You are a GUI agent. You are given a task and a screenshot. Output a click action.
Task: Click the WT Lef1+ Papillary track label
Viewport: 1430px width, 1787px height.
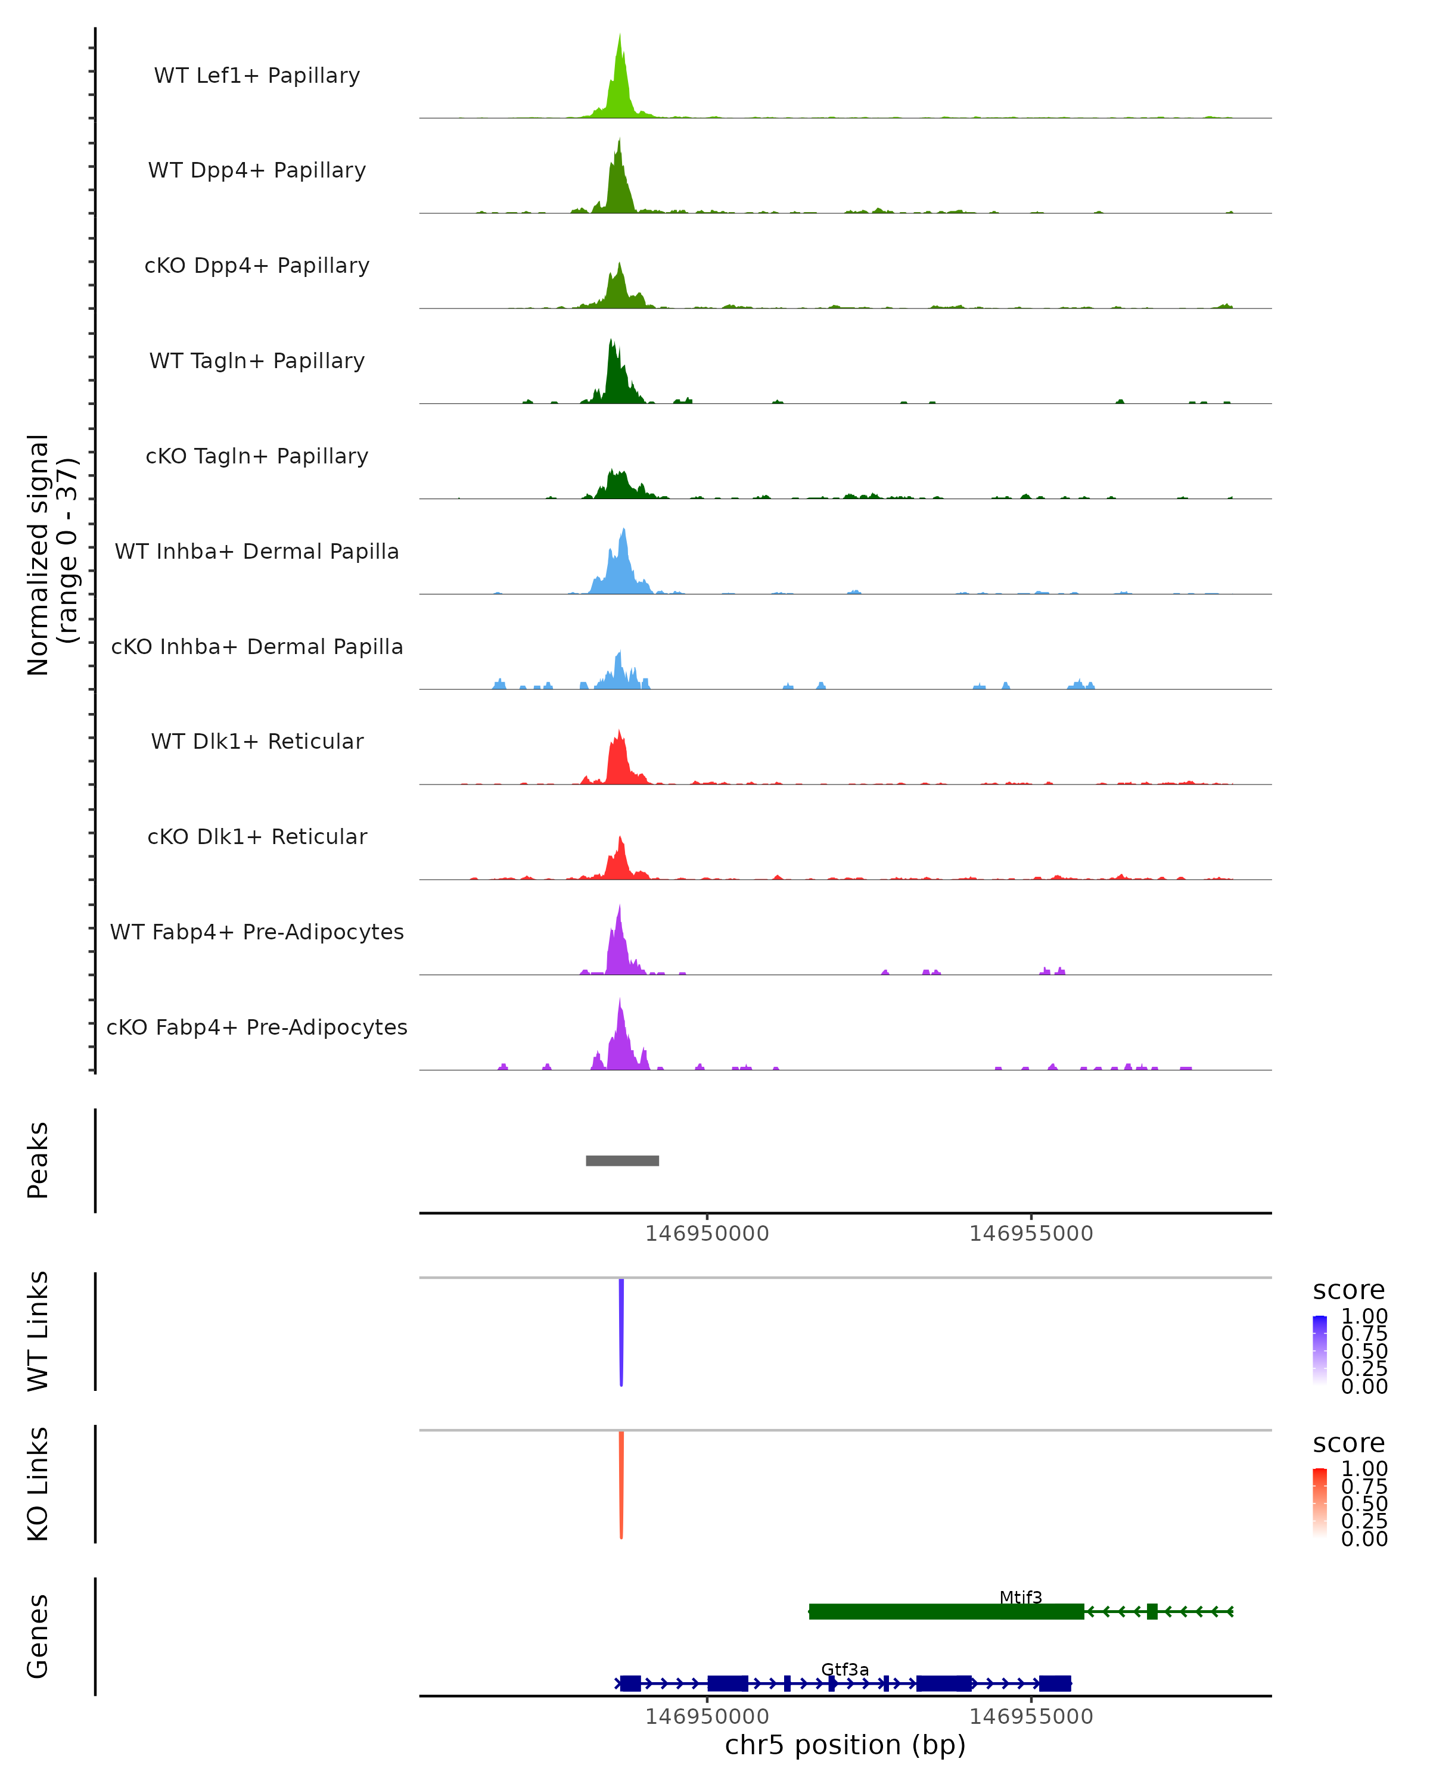[257, 76]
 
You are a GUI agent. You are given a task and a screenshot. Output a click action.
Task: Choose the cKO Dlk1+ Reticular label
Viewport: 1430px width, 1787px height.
[257, 836]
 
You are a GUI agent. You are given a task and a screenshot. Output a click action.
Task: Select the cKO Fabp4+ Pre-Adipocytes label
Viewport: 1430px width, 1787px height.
[257, 1027]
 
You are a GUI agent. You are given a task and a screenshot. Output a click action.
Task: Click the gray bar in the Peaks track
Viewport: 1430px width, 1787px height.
[623, 1160]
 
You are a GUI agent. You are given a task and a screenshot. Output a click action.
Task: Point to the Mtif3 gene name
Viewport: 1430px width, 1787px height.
[1021, 1597]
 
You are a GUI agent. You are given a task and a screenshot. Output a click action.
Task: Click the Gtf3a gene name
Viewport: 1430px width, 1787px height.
[845, 1669]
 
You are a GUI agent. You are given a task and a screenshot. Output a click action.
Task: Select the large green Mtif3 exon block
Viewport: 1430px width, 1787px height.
[946, 1611]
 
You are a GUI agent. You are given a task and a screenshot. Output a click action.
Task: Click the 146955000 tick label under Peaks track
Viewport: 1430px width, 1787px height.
[1031, 1234]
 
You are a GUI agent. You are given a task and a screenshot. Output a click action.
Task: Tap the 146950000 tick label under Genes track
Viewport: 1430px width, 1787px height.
[707, 1717]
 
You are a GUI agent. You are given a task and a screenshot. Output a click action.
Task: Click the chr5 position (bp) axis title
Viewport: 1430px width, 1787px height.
[845, 1745]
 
